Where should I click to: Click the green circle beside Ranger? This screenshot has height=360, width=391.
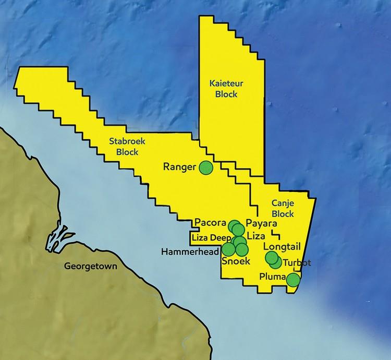206,167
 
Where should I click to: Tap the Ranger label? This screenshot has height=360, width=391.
179,167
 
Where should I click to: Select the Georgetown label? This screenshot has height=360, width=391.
91,266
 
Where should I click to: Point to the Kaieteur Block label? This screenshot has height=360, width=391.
223,89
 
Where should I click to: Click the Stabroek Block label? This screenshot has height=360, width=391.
124,147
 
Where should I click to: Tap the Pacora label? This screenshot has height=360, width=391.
210,223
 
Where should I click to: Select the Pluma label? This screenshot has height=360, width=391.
273,277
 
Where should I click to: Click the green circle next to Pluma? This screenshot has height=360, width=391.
294,280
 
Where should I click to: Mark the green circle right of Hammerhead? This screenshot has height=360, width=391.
228,249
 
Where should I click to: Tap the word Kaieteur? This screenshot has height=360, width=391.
223,83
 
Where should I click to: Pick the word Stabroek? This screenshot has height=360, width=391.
124,141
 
